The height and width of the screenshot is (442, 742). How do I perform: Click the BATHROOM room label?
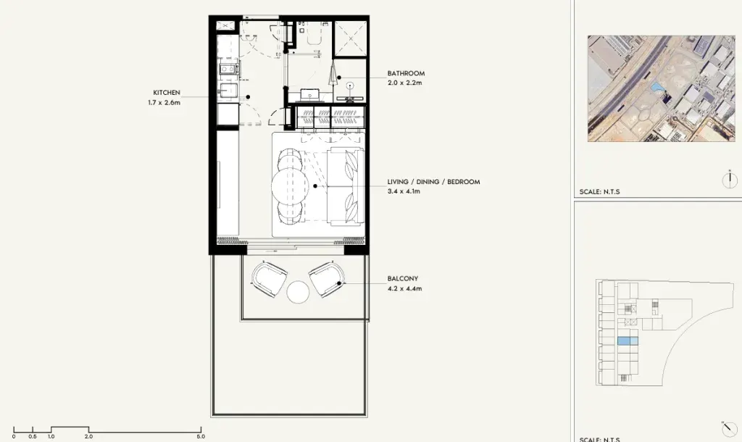tap(406, 73)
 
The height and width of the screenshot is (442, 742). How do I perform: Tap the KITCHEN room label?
tap(167, 93)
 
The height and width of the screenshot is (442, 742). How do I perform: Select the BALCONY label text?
tap(403, 279)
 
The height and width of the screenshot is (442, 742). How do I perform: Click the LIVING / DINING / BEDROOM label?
tap(433, 182)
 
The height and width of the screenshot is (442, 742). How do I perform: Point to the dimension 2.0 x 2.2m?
tap(404, 83)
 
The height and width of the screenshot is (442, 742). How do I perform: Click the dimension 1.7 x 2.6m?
tap(164, 102)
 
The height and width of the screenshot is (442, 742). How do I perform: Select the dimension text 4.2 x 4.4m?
tap(404, 288)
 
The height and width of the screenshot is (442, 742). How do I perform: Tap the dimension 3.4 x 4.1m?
tap(404, 191)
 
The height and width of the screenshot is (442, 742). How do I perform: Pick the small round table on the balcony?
tap(298, 292)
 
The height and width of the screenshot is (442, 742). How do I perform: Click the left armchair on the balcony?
tap(270, 279)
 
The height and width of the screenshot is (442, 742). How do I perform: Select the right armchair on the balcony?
tap(327, 279)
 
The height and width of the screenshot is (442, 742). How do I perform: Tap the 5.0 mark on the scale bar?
tap(201, 436)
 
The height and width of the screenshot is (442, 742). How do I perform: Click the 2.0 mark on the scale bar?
tap(88, 436)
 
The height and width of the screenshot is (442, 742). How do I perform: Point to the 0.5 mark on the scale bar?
tap(32, 436)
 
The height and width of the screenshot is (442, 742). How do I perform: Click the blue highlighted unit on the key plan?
tap(628, 341)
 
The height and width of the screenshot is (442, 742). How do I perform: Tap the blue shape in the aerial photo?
tap(656, 88)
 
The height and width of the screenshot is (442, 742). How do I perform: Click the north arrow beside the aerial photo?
tap(730, 180)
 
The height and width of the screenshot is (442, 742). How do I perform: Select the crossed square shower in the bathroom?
tap(351, 38)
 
